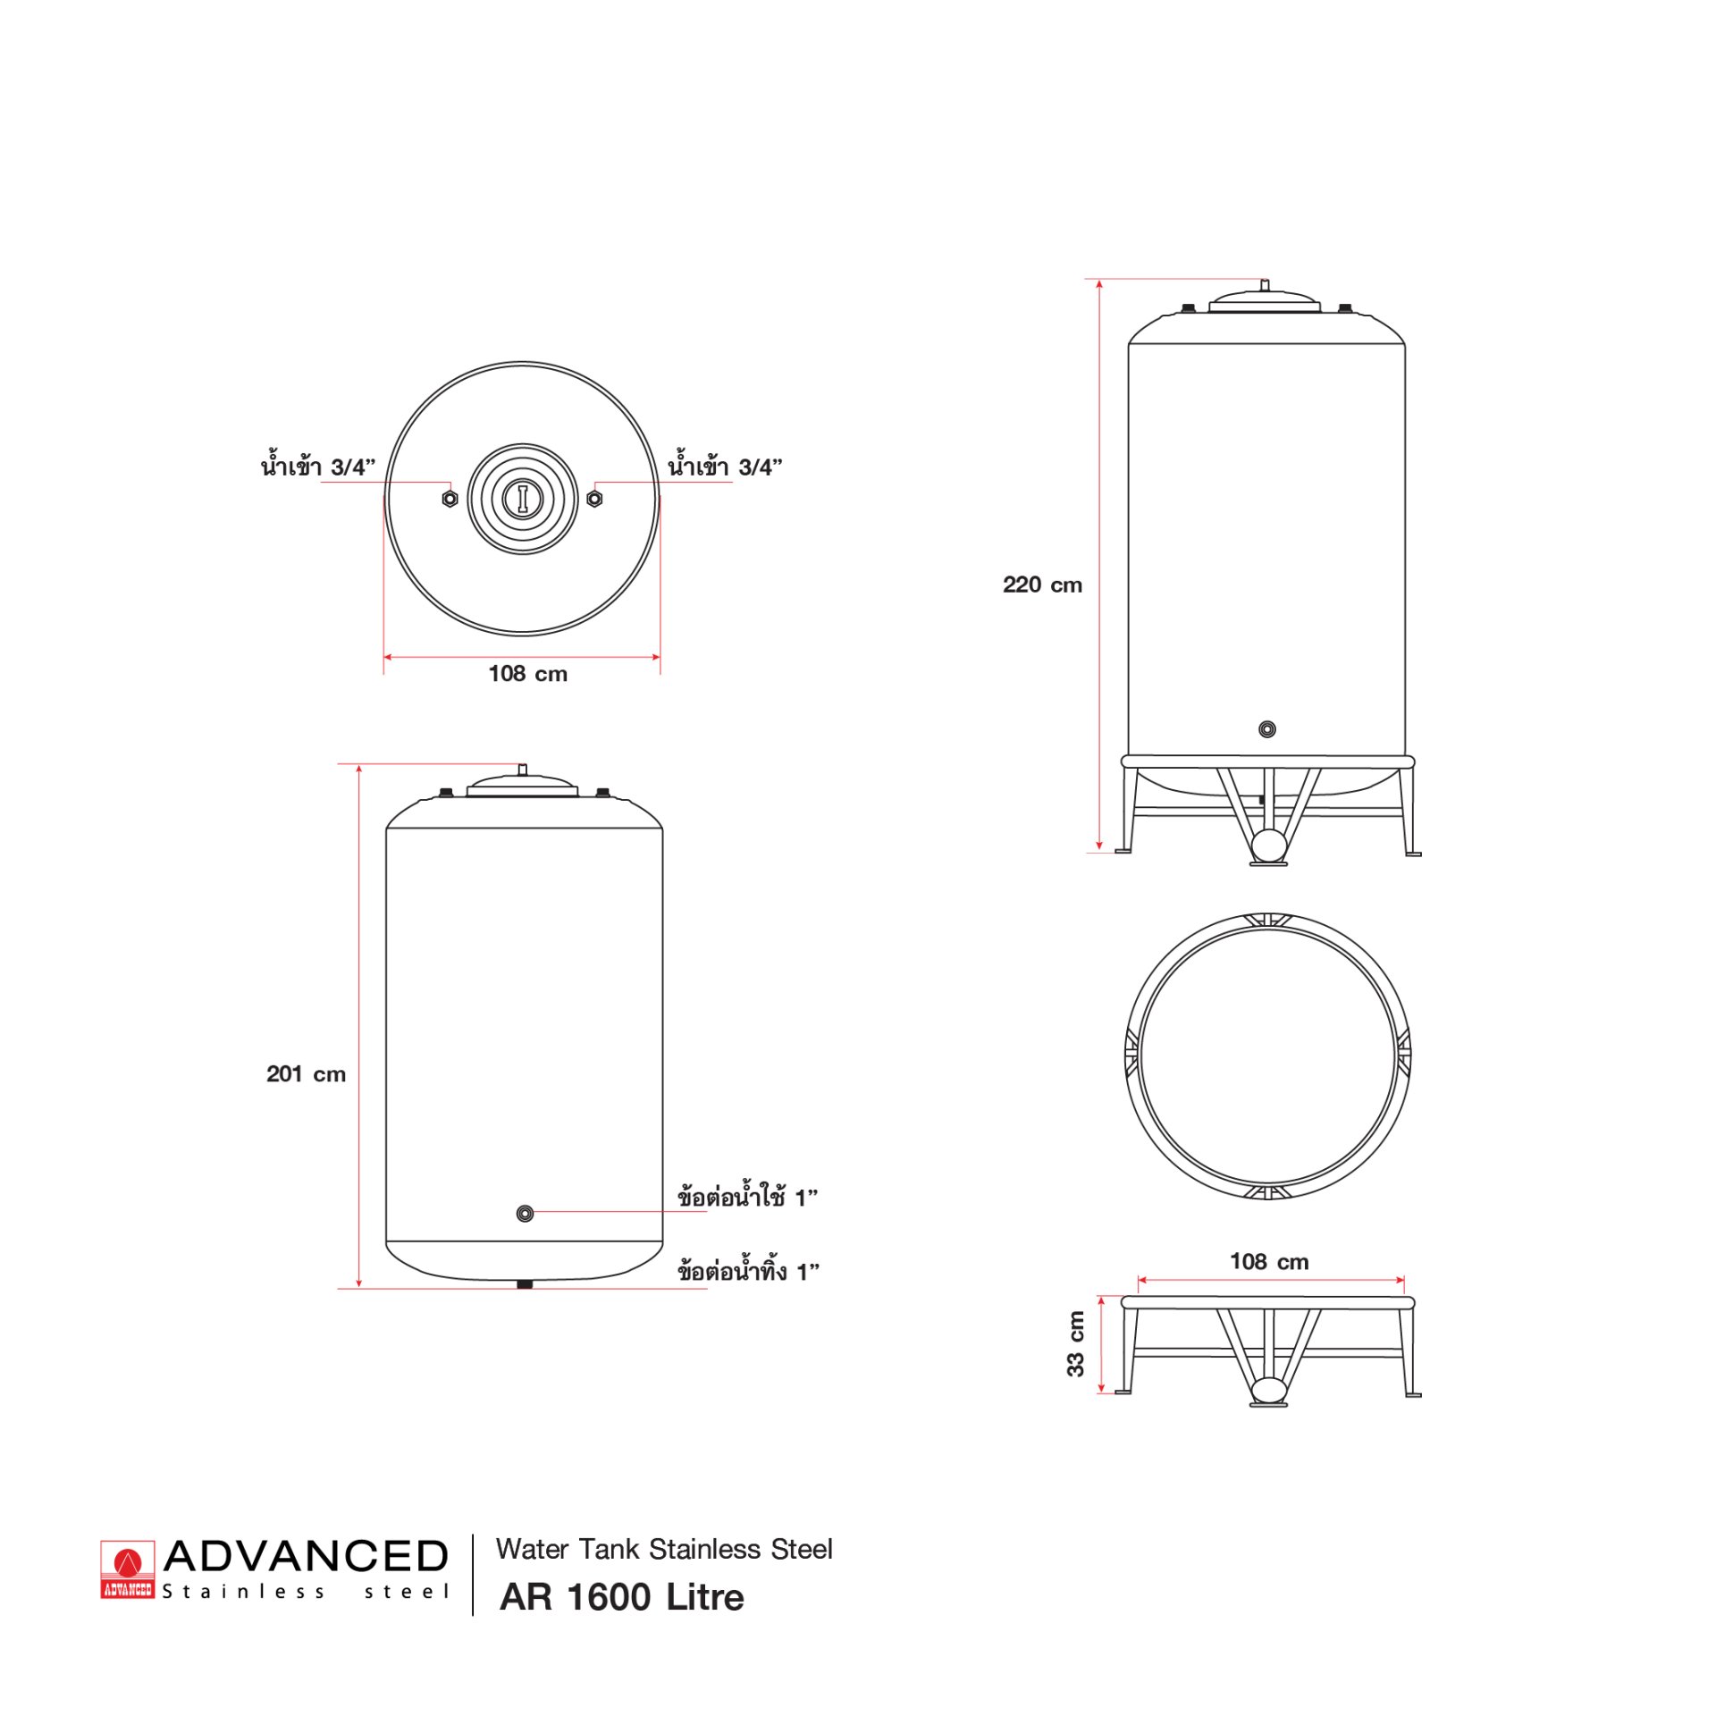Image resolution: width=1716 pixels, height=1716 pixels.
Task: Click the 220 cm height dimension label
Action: (1042, 585)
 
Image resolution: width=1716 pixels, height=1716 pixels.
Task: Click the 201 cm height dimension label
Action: (306, 1073)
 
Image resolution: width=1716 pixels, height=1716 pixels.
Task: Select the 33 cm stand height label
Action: (1076, 1343)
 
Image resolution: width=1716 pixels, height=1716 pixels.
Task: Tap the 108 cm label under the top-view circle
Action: (527, 674)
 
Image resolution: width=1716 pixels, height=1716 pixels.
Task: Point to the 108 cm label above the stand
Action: (1269, 1261)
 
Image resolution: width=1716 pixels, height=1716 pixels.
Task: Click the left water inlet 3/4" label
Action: (318, 466)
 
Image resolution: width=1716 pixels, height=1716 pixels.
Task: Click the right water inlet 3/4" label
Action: (725, 466)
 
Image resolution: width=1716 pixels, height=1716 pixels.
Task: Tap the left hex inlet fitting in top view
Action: (450, 498)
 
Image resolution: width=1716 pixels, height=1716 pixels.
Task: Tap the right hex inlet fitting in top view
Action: (594, 498)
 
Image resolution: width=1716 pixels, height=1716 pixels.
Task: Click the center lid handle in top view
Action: (523, 498)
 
